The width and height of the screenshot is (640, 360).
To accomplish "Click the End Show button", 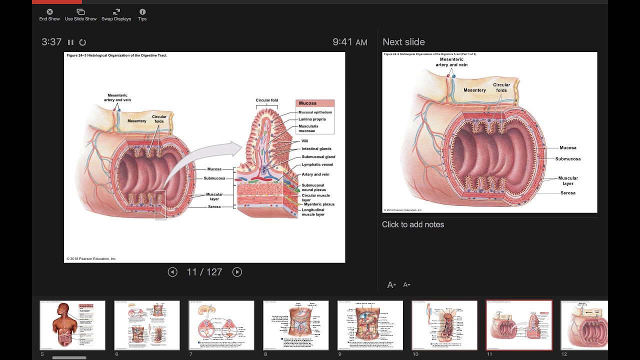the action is click(49, 14).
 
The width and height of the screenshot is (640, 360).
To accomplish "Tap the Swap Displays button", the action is click(116, 14).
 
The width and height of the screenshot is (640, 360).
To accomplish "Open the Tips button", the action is click(142, 14).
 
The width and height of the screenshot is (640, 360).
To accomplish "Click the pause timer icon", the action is click(70, 42).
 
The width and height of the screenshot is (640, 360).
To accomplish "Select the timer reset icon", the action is click(83, 42).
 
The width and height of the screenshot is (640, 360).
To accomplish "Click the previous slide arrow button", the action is click(172, 272).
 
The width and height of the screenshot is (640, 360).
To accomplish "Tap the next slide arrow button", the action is click(237, 272).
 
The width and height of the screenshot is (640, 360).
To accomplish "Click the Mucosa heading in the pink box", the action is click(307, 103).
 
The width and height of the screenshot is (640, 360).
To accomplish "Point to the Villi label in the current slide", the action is click(305, 141).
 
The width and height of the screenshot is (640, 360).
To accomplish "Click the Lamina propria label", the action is click(312, 119).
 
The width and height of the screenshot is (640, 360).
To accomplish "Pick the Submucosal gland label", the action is click(318, 157).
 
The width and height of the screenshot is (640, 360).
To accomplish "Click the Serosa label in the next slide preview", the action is click(567, 193).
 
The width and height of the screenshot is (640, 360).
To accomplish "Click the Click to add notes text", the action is click(413, 224).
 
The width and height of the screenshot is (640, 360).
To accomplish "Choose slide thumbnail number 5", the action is click(72, 325).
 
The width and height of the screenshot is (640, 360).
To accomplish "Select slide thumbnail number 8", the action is click(296, 325).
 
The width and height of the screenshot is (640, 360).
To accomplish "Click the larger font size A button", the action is click(391, 285).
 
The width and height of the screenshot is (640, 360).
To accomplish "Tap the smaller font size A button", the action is click(406, 285).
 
